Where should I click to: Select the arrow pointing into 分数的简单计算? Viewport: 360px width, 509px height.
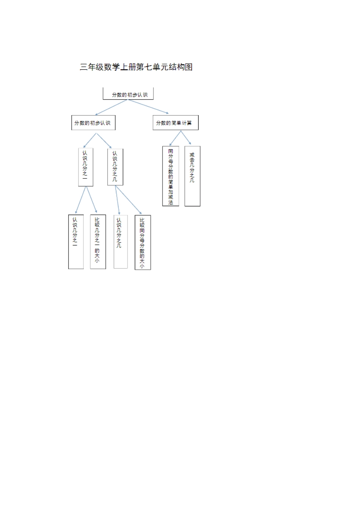[149, 106]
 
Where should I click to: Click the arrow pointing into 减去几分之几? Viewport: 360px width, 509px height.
[186, 138]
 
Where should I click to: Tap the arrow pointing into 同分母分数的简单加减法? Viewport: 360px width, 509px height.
[175, 138]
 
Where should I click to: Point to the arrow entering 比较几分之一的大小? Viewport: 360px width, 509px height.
[92, 200]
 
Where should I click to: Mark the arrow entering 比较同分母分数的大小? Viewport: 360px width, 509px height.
[128, 200]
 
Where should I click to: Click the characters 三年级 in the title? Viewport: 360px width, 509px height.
[92, 67]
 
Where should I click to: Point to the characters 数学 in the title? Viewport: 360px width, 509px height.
[112, 67]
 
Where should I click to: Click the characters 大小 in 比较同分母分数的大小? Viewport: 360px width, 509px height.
[142, 263]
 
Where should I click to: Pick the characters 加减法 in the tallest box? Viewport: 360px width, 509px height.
[171, 197]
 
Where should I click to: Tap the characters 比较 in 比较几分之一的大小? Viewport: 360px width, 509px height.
[97, 222]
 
